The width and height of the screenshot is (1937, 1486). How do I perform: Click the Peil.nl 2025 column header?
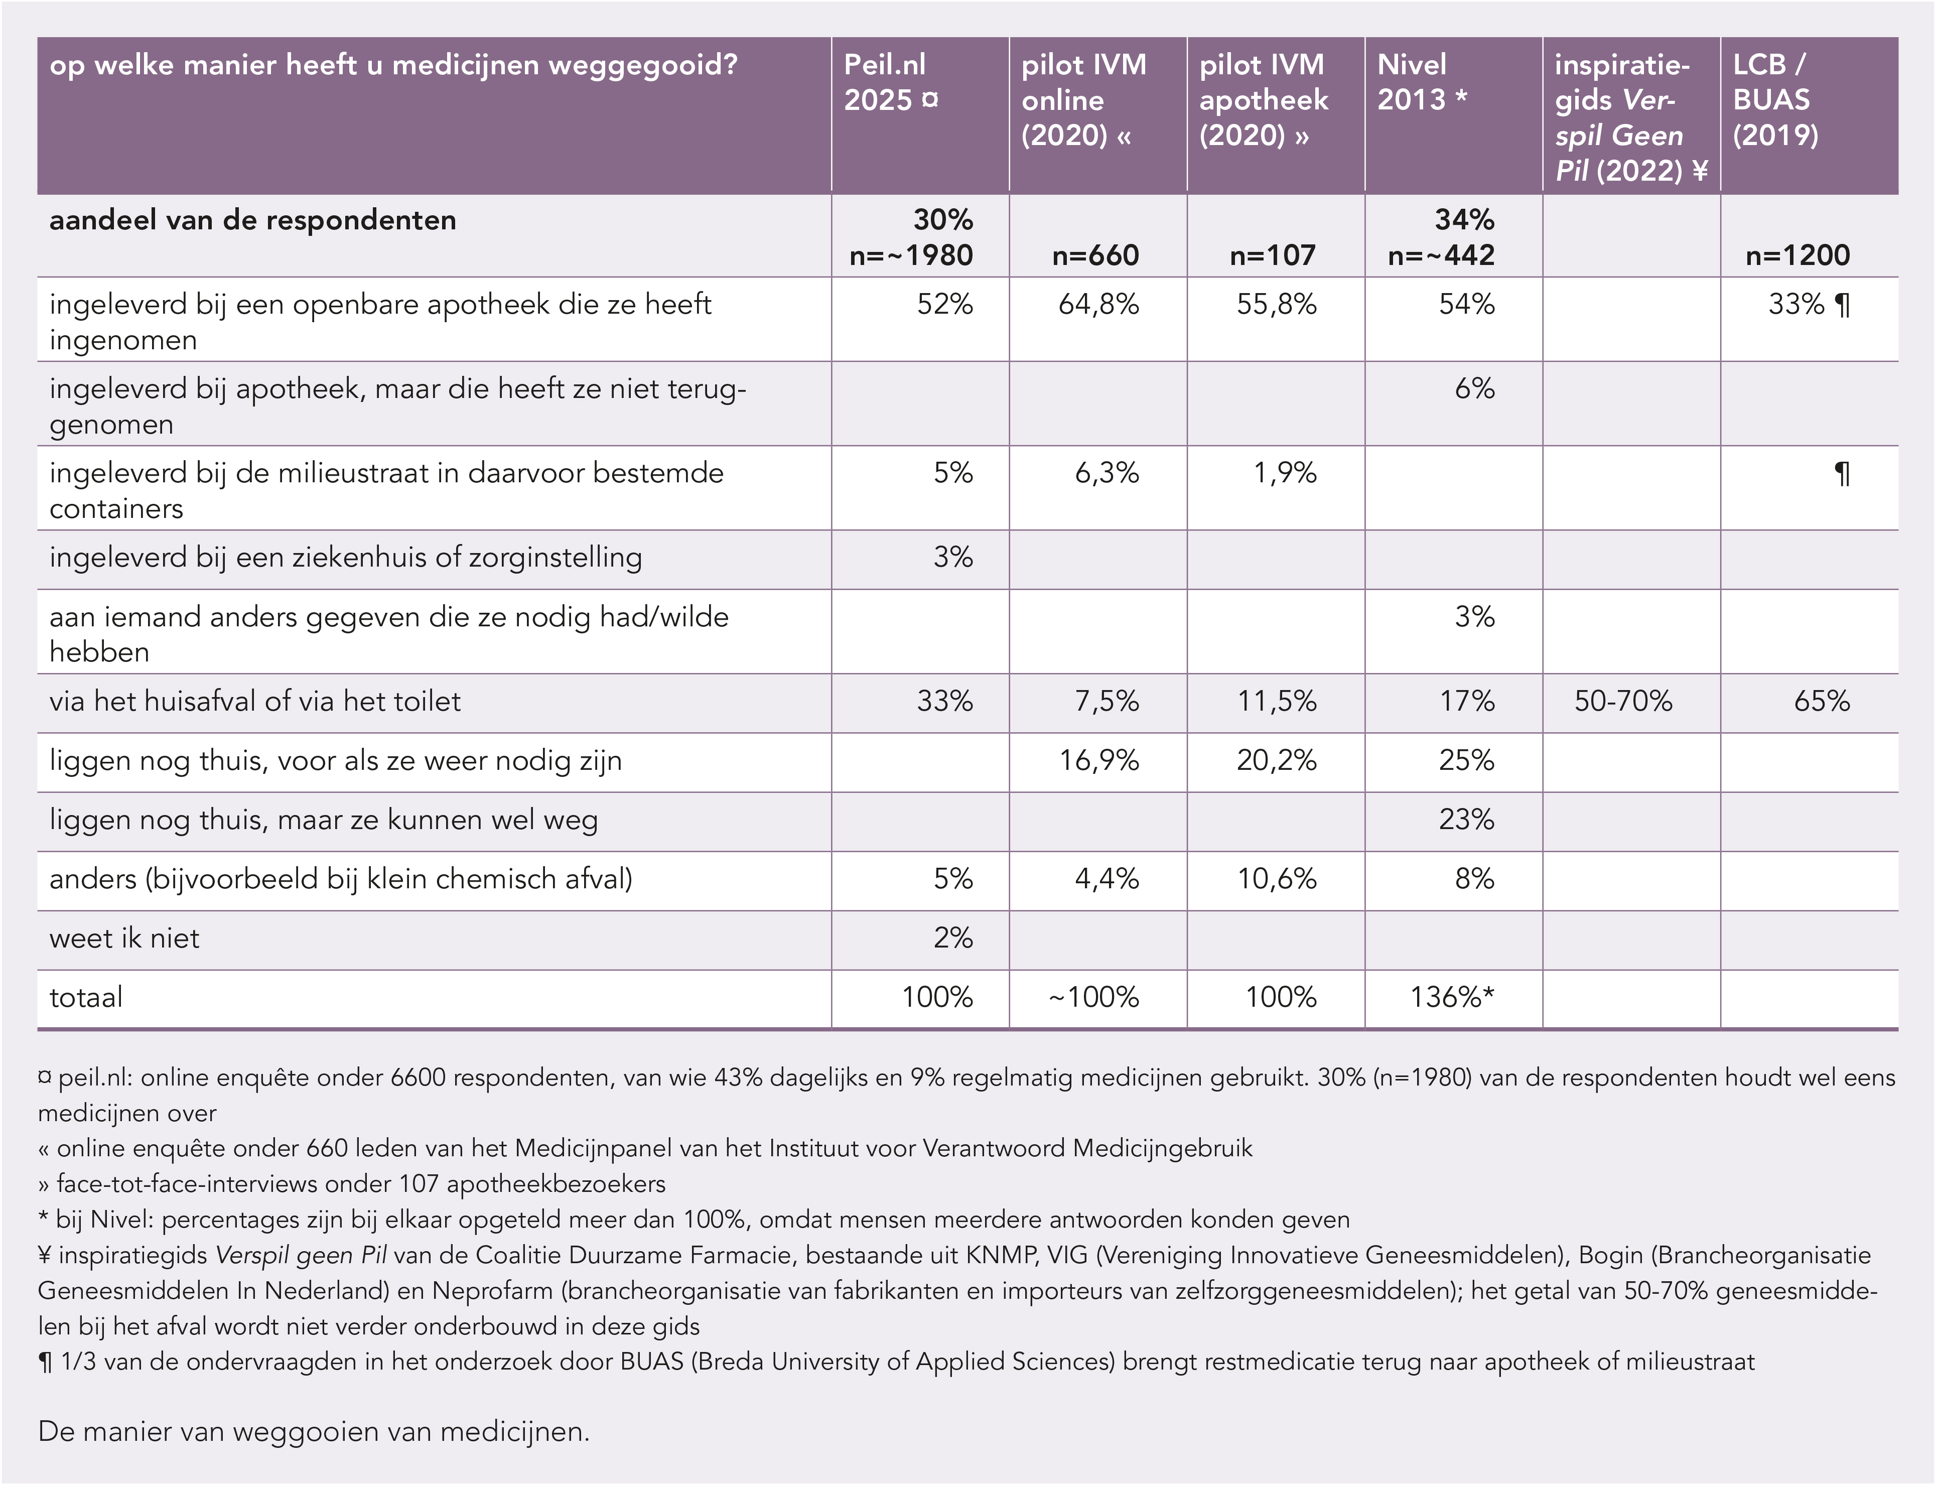[891, 82]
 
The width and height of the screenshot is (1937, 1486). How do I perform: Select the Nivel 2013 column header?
[1422, 82]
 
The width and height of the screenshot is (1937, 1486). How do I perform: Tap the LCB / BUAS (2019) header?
[1775, 100]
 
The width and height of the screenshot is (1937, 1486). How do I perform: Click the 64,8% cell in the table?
[1098, 304]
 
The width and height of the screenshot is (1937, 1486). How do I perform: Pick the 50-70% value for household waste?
[1623, 702]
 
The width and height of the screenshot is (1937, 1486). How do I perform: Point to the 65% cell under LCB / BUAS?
[1821, 702]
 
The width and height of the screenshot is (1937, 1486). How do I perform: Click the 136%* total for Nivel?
[1452, 998]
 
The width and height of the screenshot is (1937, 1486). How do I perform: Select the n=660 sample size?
[1095, 255]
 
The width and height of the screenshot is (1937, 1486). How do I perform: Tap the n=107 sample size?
[1273, 255]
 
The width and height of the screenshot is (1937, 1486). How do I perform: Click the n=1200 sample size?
[1798, 255]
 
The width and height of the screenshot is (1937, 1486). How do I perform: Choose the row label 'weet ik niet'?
[125, 938]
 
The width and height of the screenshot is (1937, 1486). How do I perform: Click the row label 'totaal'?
[86, 998]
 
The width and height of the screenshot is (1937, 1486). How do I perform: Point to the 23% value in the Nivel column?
[1466, 820]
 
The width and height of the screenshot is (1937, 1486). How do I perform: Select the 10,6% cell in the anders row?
[1277, 879]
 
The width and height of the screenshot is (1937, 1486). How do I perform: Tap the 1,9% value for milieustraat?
[1285, 473]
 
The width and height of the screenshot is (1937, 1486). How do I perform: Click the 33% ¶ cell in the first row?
[1809, 304]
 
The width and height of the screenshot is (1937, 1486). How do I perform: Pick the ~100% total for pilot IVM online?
[1093, 998]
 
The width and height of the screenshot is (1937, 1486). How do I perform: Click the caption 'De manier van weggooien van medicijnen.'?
[314, 1431]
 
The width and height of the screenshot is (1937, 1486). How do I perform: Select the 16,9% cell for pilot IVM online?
[1099, 761]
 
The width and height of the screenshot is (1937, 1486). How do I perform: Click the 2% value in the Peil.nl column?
[953, 938]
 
